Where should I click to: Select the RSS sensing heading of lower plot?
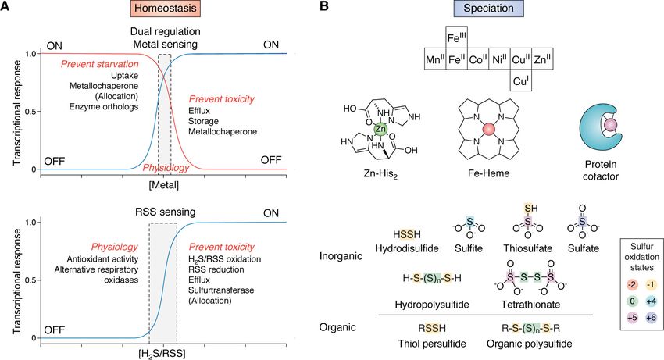click(x=162, y=212)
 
